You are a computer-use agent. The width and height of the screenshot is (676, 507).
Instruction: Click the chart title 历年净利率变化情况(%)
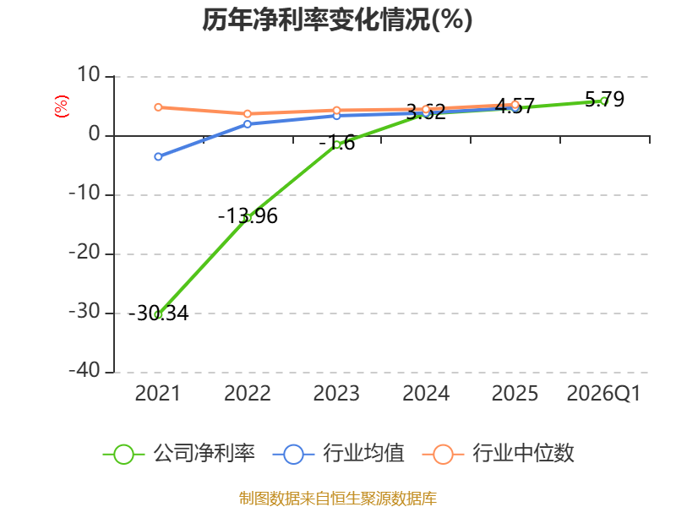pos(337,19)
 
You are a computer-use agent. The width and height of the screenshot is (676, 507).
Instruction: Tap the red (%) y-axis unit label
pos(61,106)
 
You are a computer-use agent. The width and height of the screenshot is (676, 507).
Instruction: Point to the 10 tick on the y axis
pos(89,75)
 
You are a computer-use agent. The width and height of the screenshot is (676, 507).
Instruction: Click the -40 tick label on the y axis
pos(84,370)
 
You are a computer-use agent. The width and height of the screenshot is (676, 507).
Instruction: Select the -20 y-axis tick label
pos(84,252)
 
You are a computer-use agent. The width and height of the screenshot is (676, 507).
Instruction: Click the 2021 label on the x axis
pos(158,394)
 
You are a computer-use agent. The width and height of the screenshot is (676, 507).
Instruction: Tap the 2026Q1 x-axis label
pos(603,394)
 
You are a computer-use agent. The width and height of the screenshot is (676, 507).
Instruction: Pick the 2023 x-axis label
pos(336,394)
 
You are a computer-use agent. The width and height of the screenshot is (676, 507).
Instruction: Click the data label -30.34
pos(158,313)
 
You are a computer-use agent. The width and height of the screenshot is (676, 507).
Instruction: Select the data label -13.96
pos(248,216)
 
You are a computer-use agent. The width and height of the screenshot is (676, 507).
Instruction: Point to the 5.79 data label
pos(604,99)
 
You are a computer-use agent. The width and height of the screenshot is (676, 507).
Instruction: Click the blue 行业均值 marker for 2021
pos(158,156)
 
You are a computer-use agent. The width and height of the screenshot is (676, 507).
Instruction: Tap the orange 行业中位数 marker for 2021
pos(158,107)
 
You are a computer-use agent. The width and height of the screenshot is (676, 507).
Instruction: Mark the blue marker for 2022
pos(248,124)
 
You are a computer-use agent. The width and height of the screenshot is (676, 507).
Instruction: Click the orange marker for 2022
pos(248,114)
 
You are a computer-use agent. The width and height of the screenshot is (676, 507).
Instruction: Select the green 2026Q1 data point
pos(604,101)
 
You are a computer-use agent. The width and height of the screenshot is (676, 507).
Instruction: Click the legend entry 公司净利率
pos(179,454)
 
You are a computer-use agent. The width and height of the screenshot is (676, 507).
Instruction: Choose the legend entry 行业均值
pos(339,454)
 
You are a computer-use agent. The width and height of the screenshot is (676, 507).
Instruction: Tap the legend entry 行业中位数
pos(499,454)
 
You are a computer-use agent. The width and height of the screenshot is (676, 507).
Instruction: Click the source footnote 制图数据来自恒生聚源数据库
pos(338,499)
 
